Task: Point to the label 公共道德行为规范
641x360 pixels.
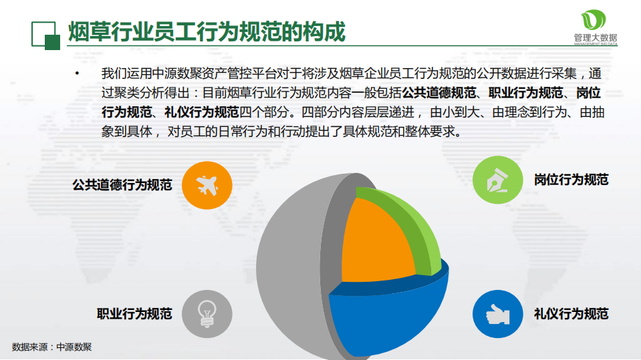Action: tap(122, 184)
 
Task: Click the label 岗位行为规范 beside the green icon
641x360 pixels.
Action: tap(571, 180)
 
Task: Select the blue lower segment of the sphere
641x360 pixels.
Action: tap(388, 321)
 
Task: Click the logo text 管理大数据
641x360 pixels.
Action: tap(595, 37)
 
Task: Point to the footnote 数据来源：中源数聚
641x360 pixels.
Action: tap(52, 347)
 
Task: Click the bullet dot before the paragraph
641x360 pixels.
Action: tap(78, 73)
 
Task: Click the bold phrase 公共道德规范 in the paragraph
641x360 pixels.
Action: tap(438, 92)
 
